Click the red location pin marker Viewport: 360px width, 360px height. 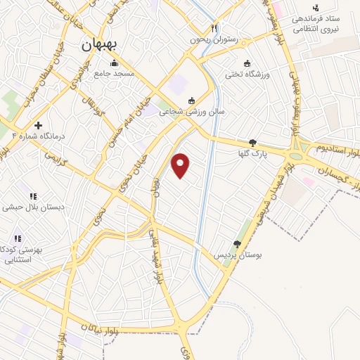pyautogui.click(x=181, y=165)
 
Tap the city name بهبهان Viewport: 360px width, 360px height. pyautogui.click(x=96, y=46)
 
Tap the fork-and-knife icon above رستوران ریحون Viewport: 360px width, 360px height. pyautogui.click(x=214, y=30)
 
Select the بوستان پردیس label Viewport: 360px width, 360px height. pyautogui.click(x=238, y=254)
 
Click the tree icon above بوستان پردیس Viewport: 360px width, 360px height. pyautogui.click(x=237, y=243)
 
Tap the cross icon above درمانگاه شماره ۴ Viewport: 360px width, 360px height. pyautogui.click(x=38, y=124)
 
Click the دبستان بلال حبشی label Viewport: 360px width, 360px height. pyautogui.click(x=34, y=207)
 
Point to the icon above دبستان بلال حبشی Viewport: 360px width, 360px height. pyautogui.click(x=32, y=196)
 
